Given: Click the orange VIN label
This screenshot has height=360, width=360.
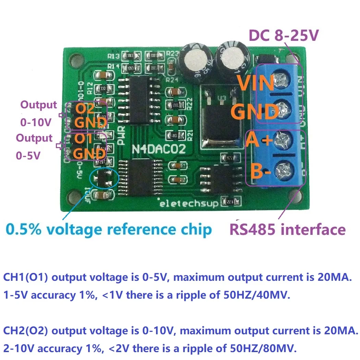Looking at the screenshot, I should [256, 84].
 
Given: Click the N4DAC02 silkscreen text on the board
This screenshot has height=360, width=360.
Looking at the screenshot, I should [159, 149].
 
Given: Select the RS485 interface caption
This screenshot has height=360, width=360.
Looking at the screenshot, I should [287, 229].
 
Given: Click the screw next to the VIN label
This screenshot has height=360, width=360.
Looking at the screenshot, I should [284, 81].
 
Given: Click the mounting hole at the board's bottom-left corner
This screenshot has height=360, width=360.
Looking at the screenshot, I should [74, 197].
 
